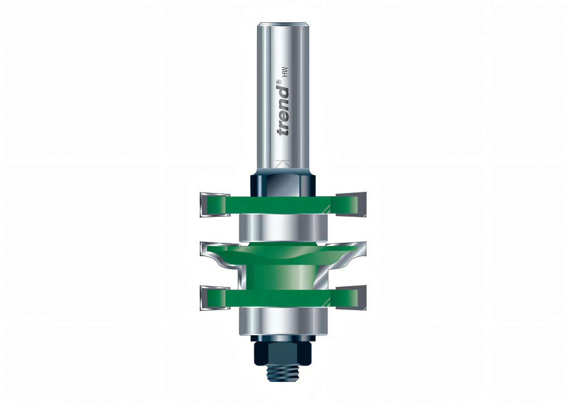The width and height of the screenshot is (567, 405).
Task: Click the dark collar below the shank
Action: point(283,184)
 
